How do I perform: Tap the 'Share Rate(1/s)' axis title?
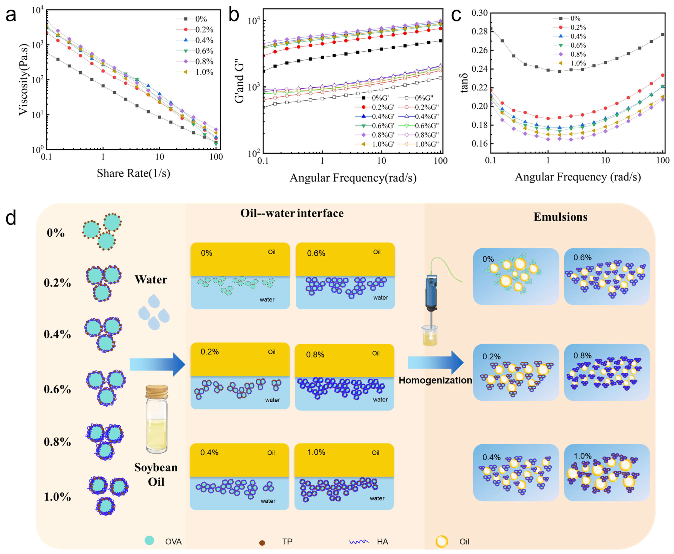[x=134, y=173]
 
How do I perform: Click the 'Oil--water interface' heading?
[x=292, y=213]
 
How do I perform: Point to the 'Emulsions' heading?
[x=560, y=217]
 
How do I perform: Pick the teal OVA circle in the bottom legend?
[x=149, y=540]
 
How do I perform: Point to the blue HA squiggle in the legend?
[x=359, y=542]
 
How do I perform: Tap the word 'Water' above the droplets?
[x=151, y=280]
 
